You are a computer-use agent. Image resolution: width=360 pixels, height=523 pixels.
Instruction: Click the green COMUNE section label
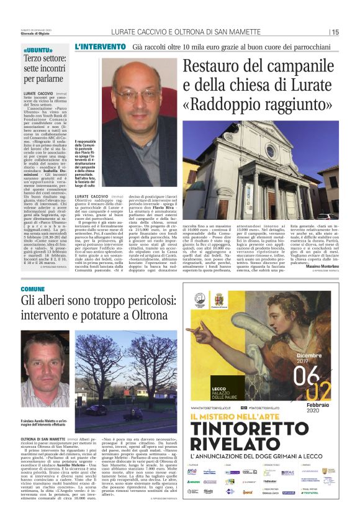33,289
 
